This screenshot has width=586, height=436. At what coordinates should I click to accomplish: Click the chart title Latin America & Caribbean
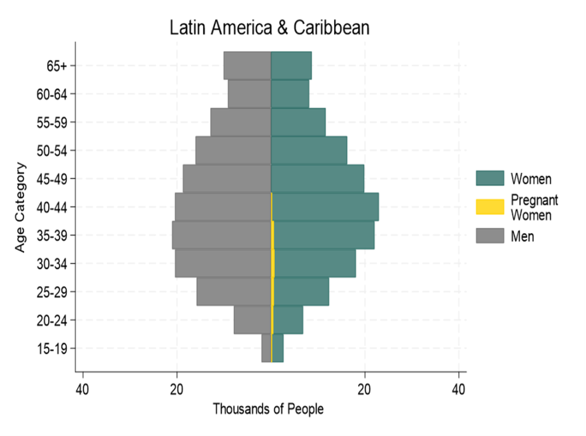pos(270,28)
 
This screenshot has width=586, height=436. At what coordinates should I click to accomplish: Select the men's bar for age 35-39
pos(222,235)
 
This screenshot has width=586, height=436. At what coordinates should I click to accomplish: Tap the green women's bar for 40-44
pos(325,207)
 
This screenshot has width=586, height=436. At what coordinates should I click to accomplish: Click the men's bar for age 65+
pos(247,65)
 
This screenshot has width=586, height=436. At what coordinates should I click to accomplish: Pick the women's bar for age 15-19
pos(278,348)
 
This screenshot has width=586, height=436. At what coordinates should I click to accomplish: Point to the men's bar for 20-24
pos(253,320)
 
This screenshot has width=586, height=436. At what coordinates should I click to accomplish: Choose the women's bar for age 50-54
pos(309,151)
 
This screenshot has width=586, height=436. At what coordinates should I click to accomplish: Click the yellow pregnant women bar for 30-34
pos(273,263)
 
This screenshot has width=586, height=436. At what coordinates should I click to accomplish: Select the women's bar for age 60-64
pos(289,94)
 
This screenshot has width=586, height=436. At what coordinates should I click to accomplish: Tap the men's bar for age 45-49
pos(227,179)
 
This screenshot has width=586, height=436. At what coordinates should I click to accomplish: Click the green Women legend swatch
pos(490,178)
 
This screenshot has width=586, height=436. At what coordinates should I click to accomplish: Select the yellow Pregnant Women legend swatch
pos(490,207)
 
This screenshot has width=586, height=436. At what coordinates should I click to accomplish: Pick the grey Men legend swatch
pos(490,236)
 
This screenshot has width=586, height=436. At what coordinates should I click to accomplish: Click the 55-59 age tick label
pos(53,122)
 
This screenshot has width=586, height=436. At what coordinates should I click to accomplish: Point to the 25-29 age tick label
pos(53,292)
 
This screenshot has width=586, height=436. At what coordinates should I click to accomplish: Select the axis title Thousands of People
pos(268,409)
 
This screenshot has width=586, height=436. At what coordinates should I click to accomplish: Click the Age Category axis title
pos(21,207)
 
